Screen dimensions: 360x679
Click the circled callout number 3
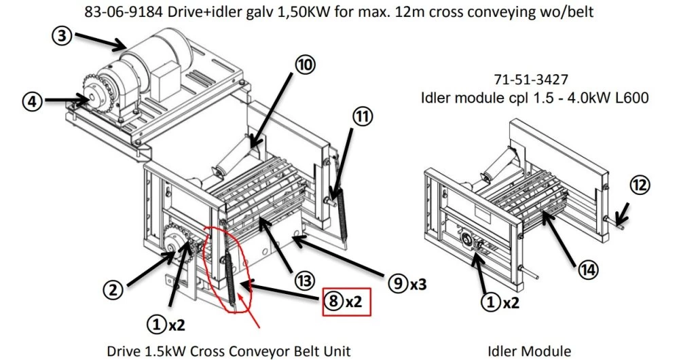click(x=61, y=37)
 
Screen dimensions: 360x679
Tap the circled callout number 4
click(x=31, y=101)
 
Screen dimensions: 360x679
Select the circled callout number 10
click(x=305, y=64)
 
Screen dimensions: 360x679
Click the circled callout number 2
click(x=116, y=290)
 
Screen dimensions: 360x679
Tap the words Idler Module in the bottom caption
click(x=529, y=351)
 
